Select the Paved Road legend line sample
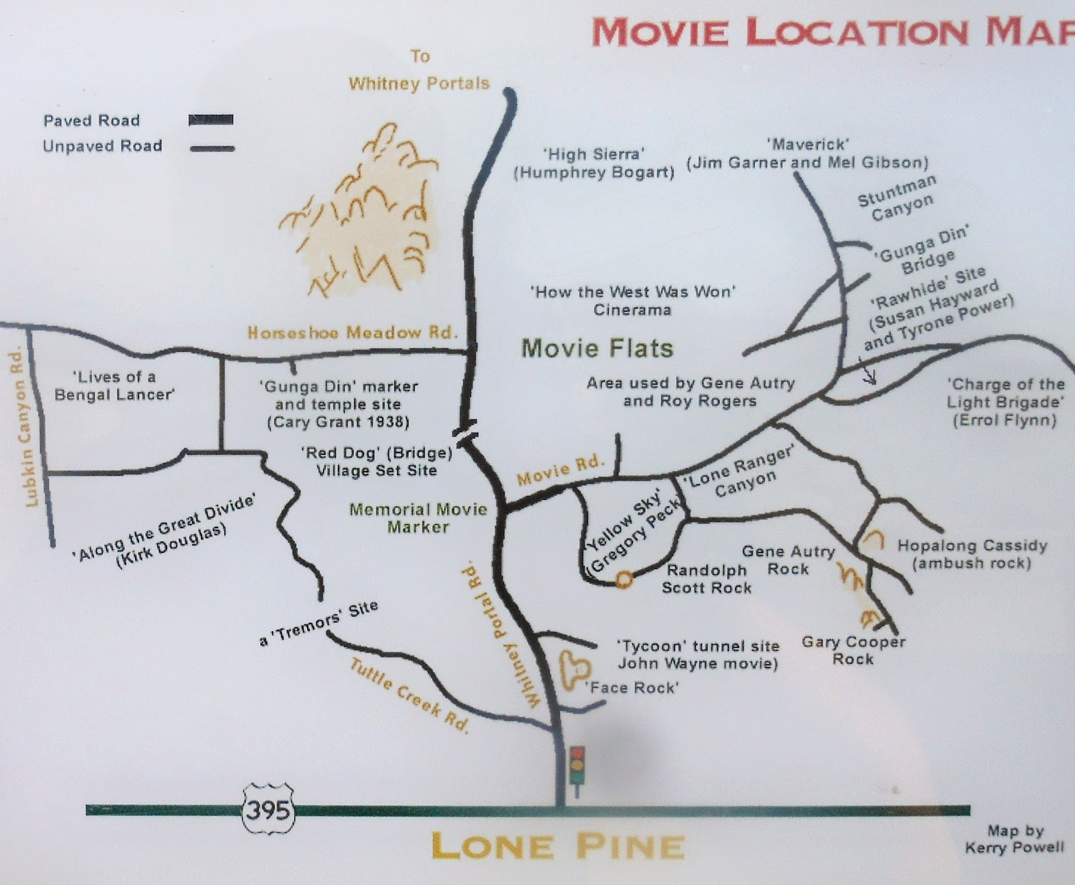point(211,120)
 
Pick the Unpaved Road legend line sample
point(212,148)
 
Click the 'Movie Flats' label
point(597,348)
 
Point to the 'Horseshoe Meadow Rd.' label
point(352,333)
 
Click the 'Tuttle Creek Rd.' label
point(409,696)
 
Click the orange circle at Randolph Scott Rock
point(624,579)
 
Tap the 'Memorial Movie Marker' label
point(418,518)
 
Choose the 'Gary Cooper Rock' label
point(853,650)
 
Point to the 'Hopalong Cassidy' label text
point(972,546)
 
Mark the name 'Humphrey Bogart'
point(594,173)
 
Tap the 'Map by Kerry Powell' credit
point(1015,839)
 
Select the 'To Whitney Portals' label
point(419,71)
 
